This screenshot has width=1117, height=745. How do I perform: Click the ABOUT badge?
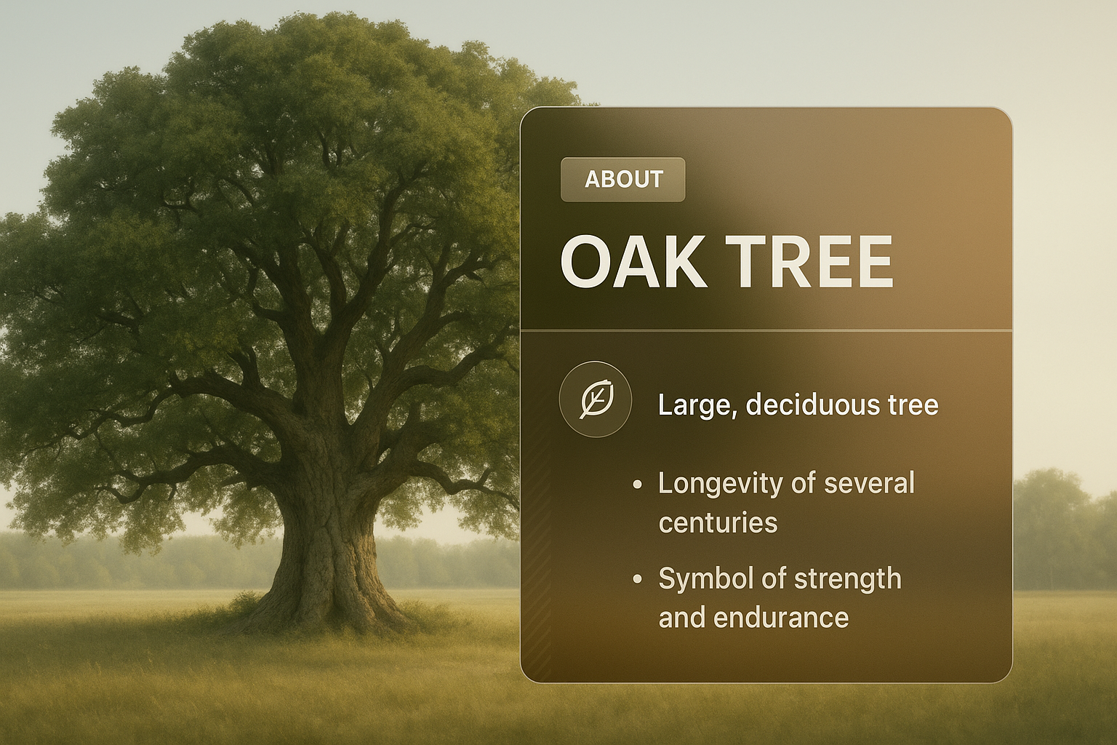[622, 180]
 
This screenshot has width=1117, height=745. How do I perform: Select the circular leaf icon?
[596, 399]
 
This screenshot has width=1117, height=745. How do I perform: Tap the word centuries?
[718, 523]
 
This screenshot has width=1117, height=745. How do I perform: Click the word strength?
[848, 579]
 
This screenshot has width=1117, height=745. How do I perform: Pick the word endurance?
[782, 617]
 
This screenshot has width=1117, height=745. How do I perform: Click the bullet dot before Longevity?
[636, 485]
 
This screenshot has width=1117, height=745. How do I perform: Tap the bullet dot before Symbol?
[636, 579]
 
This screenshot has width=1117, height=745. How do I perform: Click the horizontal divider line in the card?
[766, 330]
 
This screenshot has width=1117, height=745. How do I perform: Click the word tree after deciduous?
[913, 405]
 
